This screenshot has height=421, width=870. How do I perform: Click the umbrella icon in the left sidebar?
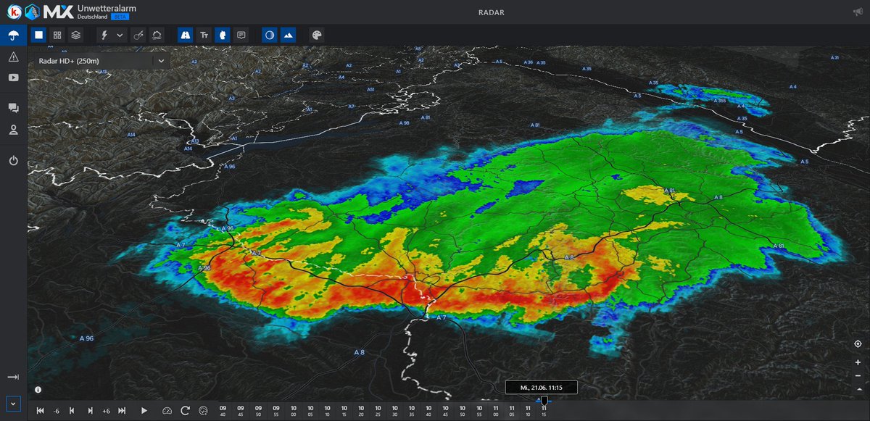(x=13, y=35)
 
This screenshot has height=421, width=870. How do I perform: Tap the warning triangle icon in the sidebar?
(x=13, y=57)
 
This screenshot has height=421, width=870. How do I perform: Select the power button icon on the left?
(x=13, y=161)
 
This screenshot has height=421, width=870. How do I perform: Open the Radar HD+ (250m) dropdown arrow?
(x=160, y=62)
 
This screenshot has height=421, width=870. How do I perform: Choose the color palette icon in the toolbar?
(x=316, y=35)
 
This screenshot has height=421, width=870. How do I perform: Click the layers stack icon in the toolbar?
(x=75, y=35)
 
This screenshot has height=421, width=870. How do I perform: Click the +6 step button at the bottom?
(x=106, y=411)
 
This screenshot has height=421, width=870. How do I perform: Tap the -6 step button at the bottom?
(x=57, y=411)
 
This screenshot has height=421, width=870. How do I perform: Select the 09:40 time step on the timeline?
(x=223, y=411)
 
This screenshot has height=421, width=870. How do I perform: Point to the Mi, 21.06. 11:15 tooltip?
(x=541, y=388)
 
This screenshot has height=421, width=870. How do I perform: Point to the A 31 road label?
(x=834, y=57)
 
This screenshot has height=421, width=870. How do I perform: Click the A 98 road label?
(x=405, y=123)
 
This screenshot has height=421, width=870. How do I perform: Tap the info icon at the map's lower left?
(x=38, y=389)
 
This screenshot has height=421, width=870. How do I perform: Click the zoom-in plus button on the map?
(x=858, y=362)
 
